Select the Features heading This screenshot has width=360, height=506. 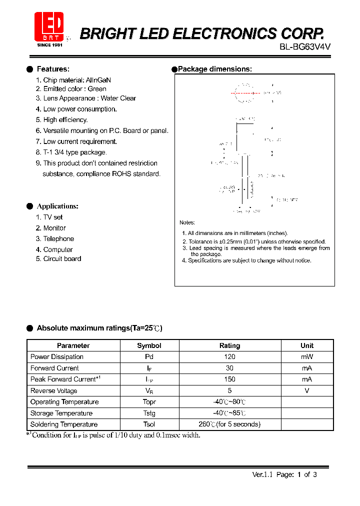(x=53, y=69)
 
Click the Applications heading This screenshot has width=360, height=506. (x=57, y=206)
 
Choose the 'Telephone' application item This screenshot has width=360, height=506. (x=58, y=239)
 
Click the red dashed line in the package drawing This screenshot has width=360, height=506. (x=245, y=93)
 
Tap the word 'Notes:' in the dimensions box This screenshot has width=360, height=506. (x=187, y=222)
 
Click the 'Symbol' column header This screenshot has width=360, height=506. (x=149, y=345)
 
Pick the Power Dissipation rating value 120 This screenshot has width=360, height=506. (x=230, y=357)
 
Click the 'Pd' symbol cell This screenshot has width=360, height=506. (x=149, y=357)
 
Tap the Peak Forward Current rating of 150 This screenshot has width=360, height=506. (x=230, y=379)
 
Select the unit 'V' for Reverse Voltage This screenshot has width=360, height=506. (x=307, y=391)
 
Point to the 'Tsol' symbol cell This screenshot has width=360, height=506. (x=149, y=424)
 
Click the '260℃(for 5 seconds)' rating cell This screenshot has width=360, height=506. (x=230, y=424)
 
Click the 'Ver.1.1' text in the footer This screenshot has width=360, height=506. (x=261, y=475)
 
